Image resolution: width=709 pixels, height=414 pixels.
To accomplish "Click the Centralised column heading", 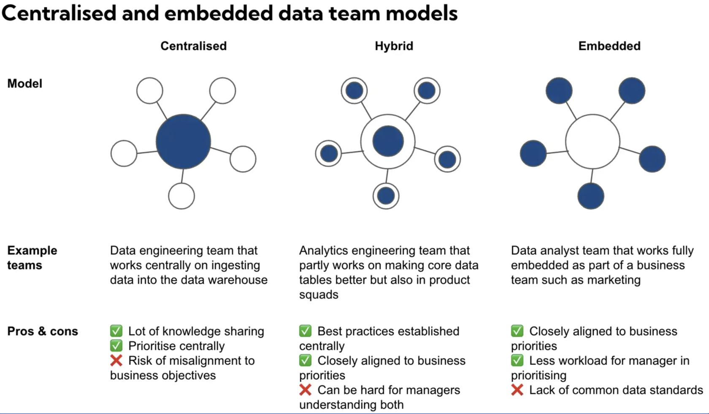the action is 193,46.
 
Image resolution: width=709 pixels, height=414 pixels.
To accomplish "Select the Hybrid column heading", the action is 394,46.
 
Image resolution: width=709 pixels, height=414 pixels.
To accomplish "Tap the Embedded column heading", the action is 609,46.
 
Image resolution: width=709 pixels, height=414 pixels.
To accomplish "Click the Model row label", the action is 24,84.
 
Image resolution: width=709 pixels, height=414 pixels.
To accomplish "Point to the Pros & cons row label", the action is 43,331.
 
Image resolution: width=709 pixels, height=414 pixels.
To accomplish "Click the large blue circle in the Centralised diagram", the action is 183,141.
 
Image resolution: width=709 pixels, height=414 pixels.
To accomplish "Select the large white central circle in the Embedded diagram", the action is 593,141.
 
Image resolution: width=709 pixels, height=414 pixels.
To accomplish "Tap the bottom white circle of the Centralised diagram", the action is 181,196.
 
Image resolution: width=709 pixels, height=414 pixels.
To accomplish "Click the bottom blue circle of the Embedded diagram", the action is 591,196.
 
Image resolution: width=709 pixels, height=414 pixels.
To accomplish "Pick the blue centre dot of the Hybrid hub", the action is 388,141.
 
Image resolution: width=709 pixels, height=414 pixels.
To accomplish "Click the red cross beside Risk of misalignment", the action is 116,360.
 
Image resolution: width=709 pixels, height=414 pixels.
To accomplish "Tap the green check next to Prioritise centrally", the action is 116,346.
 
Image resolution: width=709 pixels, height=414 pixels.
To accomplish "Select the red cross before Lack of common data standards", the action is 517,390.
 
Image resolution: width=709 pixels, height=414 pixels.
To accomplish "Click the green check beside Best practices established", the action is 305,331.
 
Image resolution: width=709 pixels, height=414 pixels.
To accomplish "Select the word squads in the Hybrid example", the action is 319,295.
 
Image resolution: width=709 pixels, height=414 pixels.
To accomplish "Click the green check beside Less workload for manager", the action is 517,360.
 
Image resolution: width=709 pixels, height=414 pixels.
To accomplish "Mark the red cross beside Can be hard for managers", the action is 305,390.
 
